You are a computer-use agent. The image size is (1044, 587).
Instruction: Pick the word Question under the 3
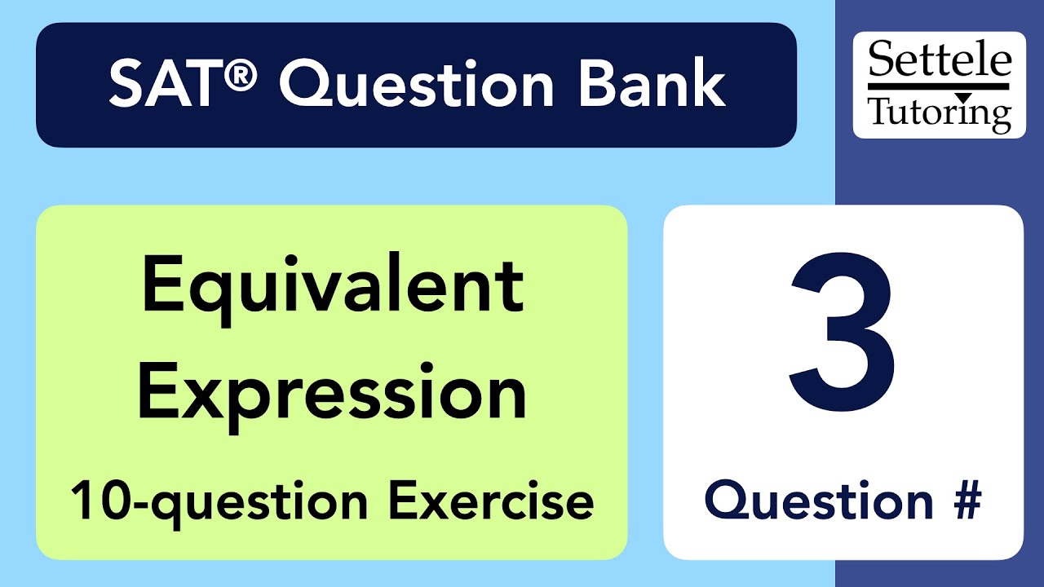click(818, 500)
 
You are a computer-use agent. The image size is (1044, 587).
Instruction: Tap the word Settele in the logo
click(940, 61)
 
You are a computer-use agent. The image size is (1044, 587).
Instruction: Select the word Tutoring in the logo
click(940, 113)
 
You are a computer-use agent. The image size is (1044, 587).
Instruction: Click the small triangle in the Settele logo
click(963, 98)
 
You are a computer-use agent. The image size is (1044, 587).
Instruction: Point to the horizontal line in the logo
click(940, 86)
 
